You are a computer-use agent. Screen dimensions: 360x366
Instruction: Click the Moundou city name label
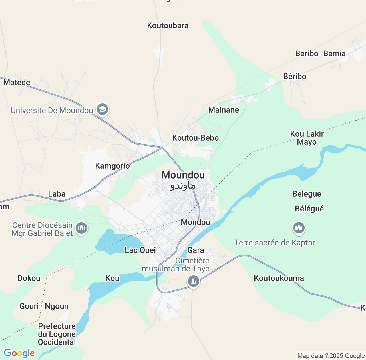[183, 175]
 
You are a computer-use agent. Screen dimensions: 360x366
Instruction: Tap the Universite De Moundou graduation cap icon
[102, 109]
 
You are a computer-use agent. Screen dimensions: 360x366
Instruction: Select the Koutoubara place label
[168, 25]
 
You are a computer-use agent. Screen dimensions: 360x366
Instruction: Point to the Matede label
[17, 82]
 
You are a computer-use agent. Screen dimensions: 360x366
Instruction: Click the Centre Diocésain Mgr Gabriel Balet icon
[81, 228]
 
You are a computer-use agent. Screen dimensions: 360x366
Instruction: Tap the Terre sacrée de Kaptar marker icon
[299, 228]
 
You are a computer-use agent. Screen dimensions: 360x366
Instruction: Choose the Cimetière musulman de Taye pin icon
[194, 281]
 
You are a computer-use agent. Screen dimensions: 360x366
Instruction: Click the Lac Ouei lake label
[140, 250]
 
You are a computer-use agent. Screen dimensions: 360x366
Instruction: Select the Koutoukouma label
[279, 278]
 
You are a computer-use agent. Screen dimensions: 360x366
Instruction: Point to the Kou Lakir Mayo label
[307, 138]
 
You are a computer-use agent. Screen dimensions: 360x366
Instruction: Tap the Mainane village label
[224, 110]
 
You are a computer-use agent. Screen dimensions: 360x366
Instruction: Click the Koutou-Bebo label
[195, 138]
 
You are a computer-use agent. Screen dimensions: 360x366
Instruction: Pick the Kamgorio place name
[112, 166]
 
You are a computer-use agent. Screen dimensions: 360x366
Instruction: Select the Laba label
[57, 194]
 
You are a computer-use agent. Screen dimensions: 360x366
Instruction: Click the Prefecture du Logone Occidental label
[57, 334]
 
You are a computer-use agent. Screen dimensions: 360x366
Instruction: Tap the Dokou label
[29, 278]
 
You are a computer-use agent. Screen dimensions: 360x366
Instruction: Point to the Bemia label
[334, 53]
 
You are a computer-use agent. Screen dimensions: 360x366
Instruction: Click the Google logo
[19, 353]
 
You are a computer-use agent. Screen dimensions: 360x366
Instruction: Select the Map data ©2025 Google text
[331, 356]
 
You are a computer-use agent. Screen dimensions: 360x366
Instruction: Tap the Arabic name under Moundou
[183, 186]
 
